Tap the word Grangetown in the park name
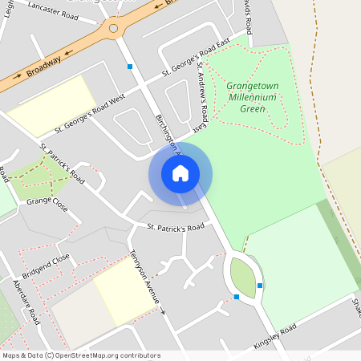[x=251, y=84]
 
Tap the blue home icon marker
[x=180, y=173]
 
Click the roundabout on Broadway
[x=114, y=30]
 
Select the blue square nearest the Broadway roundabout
[x=130, y=67]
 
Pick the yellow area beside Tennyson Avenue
[x=125, y=293]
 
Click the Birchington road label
[x=167, y=132]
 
